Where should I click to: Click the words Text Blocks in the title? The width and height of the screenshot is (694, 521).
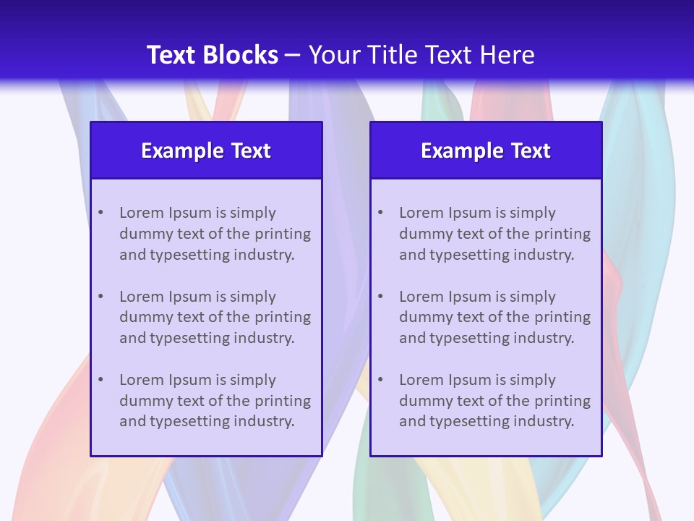(212, 55)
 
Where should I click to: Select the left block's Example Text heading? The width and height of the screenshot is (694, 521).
(206, 151)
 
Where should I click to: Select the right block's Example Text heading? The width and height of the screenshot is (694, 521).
(486, 151)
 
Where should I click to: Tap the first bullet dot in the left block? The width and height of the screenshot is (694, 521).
(101, 213)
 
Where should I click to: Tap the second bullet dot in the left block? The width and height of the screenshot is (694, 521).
(101, 297)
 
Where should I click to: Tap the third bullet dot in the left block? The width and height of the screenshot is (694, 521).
(101, 380)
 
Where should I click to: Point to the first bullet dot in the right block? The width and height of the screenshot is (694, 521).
(381, 213)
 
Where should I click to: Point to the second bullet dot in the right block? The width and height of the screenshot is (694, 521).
(381, 297)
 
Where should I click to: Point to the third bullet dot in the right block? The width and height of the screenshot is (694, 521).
(381, 380)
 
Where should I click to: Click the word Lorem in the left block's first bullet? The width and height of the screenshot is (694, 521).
(141, 213)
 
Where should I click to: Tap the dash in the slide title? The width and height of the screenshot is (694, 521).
(293, 55)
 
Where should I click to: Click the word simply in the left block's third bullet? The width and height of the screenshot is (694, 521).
(253, 380)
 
